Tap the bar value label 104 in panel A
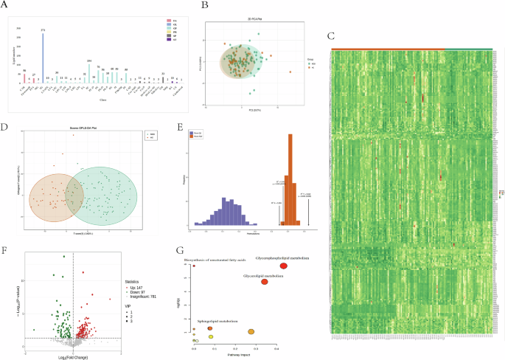coord(89,60)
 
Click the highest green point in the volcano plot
coord(64,257)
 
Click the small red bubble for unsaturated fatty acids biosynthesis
coord(194,266)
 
